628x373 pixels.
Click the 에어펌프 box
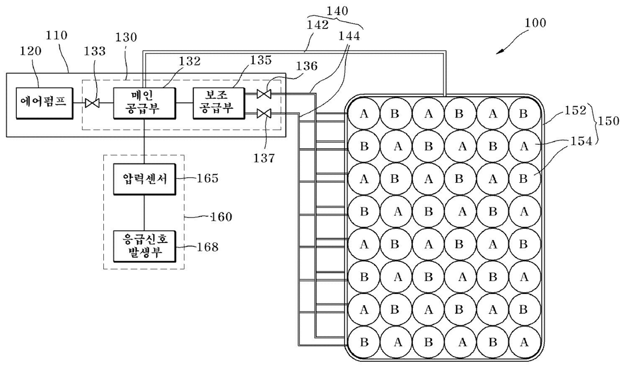(45, 103)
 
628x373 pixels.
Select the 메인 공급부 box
(145, 103)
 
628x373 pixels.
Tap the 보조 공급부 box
(219, 103)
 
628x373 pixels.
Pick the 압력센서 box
(145, 179)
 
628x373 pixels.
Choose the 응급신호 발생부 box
(145, 246)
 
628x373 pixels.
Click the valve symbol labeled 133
(92, 103)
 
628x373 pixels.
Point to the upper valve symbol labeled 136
(264, 94)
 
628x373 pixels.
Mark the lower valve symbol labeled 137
(264, 113)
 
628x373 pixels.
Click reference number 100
(535, 23)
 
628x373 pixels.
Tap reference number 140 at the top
(337, 11)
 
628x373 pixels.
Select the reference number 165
(208, 178)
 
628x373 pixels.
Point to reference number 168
(208, 247)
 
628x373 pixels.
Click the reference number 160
(221, 217)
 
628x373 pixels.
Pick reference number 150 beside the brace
(608, 121)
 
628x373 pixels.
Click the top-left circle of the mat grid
(364, 114)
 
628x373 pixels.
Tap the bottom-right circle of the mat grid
(525, 342)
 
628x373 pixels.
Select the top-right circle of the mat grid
(525, 114)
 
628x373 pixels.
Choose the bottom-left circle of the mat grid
(364, 342)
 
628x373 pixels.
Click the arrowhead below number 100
(499, 52)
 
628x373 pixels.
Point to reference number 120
(30, 51)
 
